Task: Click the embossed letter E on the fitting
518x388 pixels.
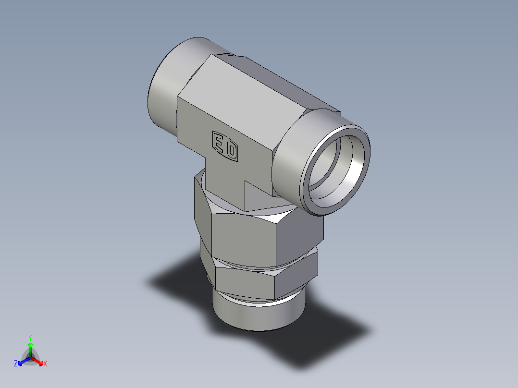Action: [x=219, y=144]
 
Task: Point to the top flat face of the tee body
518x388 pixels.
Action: [x=255, y=96]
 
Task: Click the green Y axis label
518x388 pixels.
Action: [x=30, y=337]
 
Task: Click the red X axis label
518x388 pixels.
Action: [x=45, y=364]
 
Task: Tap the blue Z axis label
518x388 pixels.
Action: [x=16, y=364]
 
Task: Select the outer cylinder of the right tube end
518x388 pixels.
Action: [x=288, y=158]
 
